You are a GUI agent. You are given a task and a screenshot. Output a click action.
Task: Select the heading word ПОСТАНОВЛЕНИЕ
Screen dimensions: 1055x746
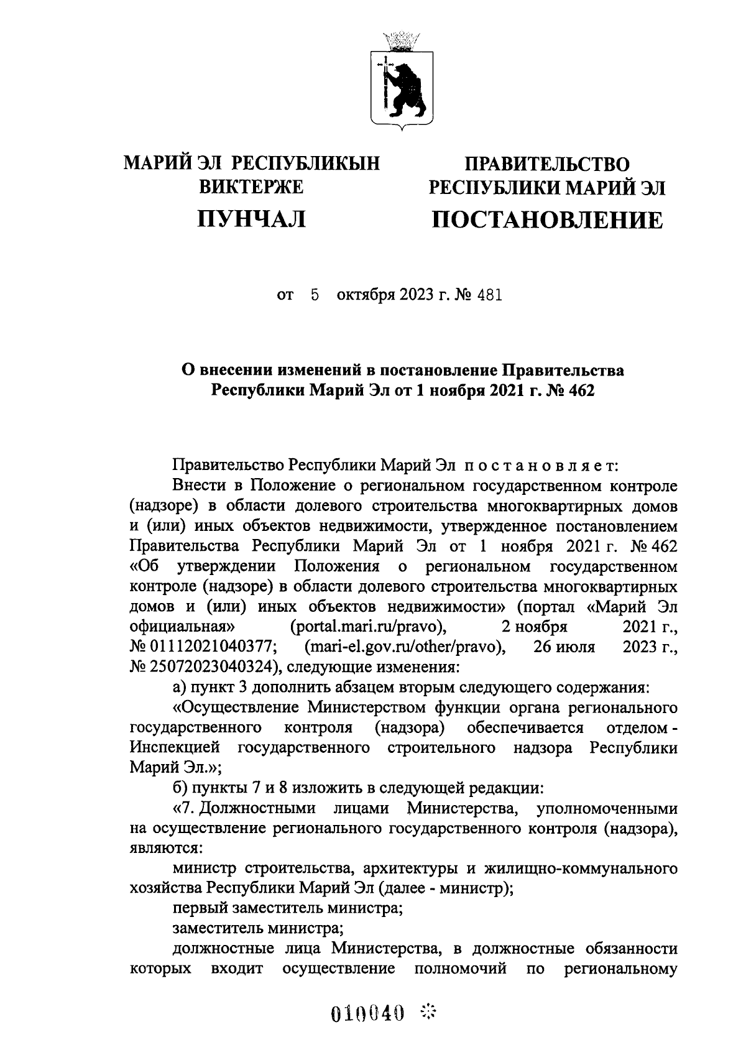pos(548,219)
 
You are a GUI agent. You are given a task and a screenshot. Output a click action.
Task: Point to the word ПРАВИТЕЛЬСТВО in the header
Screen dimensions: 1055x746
pos(548,164)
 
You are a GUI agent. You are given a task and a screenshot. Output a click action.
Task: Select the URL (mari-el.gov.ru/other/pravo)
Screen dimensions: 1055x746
pos(405,647)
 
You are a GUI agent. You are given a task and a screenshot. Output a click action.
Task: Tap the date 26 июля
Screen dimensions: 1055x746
pos(564,647)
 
